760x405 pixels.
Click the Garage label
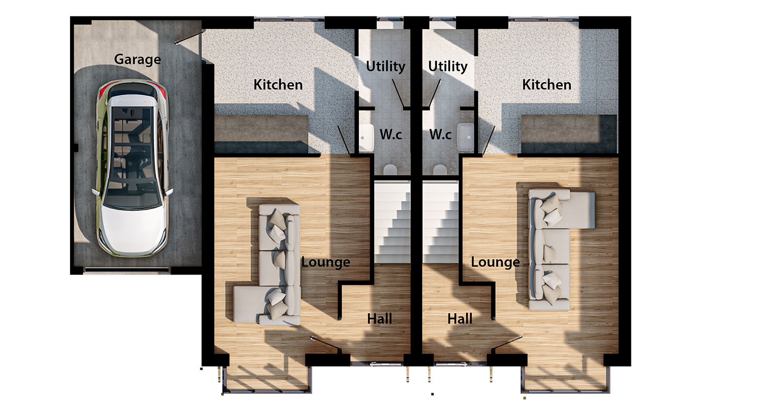137,60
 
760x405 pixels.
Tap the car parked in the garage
133,169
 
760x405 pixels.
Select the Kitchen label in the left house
278,84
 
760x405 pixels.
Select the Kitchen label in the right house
546,84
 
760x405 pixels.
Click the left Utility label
386,66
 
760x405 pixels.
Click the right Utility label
448,66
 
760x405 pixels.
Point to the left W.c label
390,134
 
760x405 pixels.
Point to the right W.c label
440,134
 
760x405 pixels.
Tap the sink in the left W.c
366,138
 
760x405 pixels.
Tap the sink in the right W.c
466,137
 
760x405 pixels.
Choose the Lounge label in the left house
326,262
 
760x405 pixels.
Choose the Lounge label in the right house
495,262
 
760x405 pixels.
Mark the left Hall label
379,319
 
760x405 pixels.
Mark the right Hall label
460,319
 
